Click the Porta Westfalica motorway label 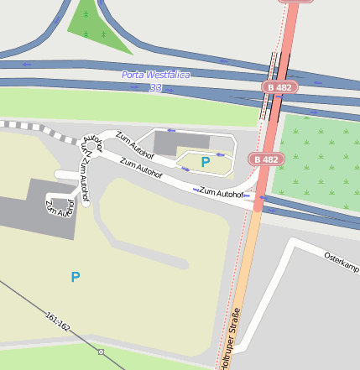pos(156,75)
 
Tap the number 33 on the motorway pos(155,87)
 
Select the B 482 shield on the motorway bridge pos(280,87)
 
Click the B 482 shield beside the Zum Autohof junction pos(265,159)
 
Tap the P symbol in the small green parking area pos(205,162)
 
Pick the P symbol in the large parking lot pos(76,276)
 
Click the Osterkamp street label pos(342,261)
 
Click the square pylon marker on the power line pos(101,352)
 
